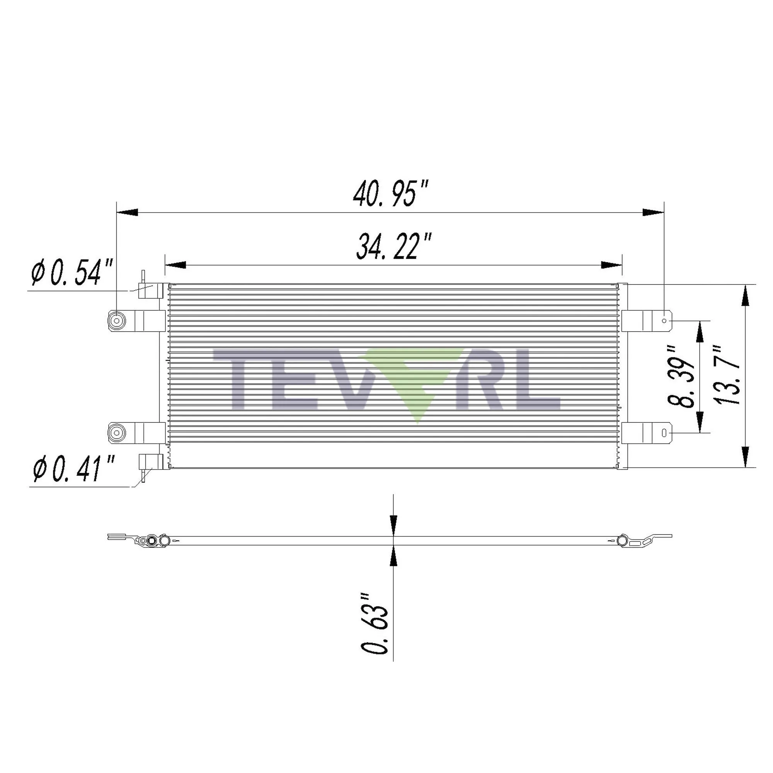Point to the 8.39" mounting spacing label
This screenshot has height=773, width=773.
click(x=681, y=376)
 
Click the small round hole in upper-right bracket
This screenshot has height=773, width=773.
click(x=664, y=321)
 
